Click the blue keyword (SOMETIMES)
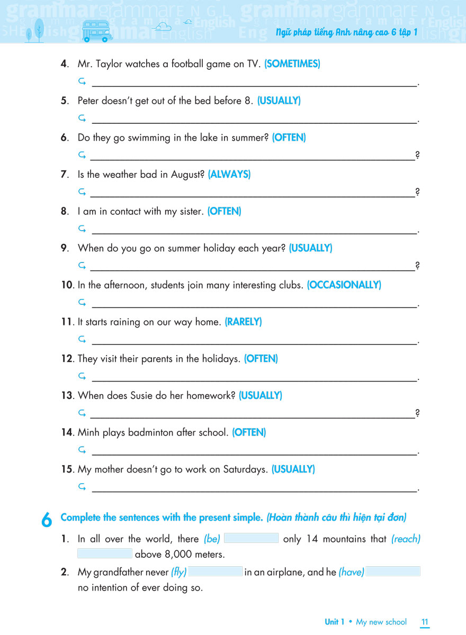[292, 64]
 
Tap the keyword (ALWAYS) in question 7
[229, 174]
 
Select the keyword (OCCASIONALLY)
[344, 285]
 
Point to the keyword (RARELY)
[243, 322]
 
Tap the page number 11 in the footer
[425, 622]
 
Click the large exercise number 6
[47, 520]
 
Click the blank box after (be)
[251, 539]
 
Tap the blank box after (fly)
[216, 571]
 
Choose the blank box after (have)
[393, 571]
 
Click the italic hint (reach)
[406, 539]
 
